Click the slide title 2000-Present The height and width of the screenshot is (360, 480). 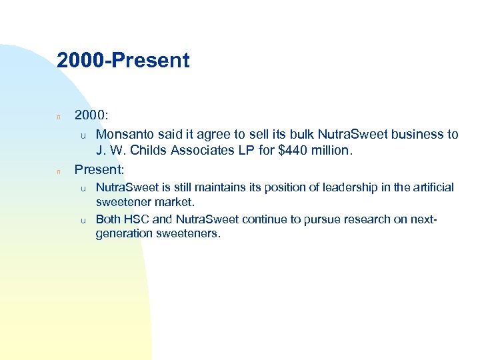pyautogui.click(x=123, y=61)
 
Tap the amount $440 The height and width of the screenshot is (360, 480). pyautogui.click(x=295, y=150)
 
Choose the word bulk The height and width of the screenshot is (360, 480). pyautogui.click(x=279, y=134)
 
